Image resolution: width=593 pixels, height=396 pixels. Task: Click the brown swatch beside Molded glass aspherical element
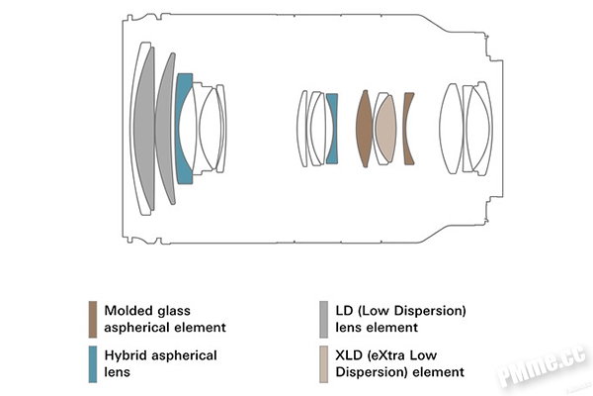93,320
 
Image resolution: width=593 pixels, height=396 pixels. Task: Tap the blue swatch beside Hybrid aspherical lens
93,364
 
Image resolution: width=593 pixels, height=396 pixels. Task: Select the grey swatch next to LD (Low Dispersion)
324,320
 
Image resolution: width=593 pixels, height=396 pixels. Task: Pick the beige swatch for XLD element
324,364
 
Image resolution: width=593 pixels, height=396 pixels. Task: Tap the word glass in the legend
174,311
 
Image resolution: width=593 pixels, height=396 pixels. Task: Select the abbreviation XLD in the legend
348,355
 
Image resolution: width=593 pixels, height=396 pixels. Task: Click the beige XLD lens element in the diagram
386,129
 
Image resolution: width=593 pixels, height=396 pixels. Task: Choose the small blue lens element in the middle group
333,129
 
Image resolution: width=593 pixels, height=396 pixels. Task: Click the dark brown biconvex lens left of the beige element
364,129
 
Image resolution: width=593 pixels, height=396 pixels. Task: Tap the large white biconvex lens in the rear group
451,129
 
